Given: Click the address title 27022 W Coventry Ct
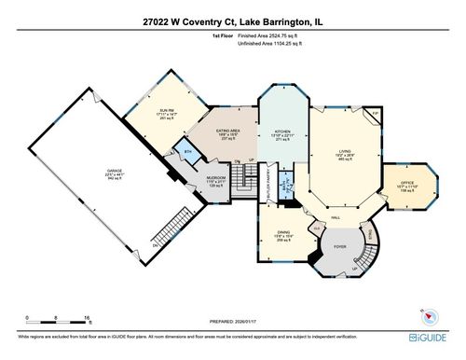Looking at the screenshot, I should (x=233, y=18).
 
